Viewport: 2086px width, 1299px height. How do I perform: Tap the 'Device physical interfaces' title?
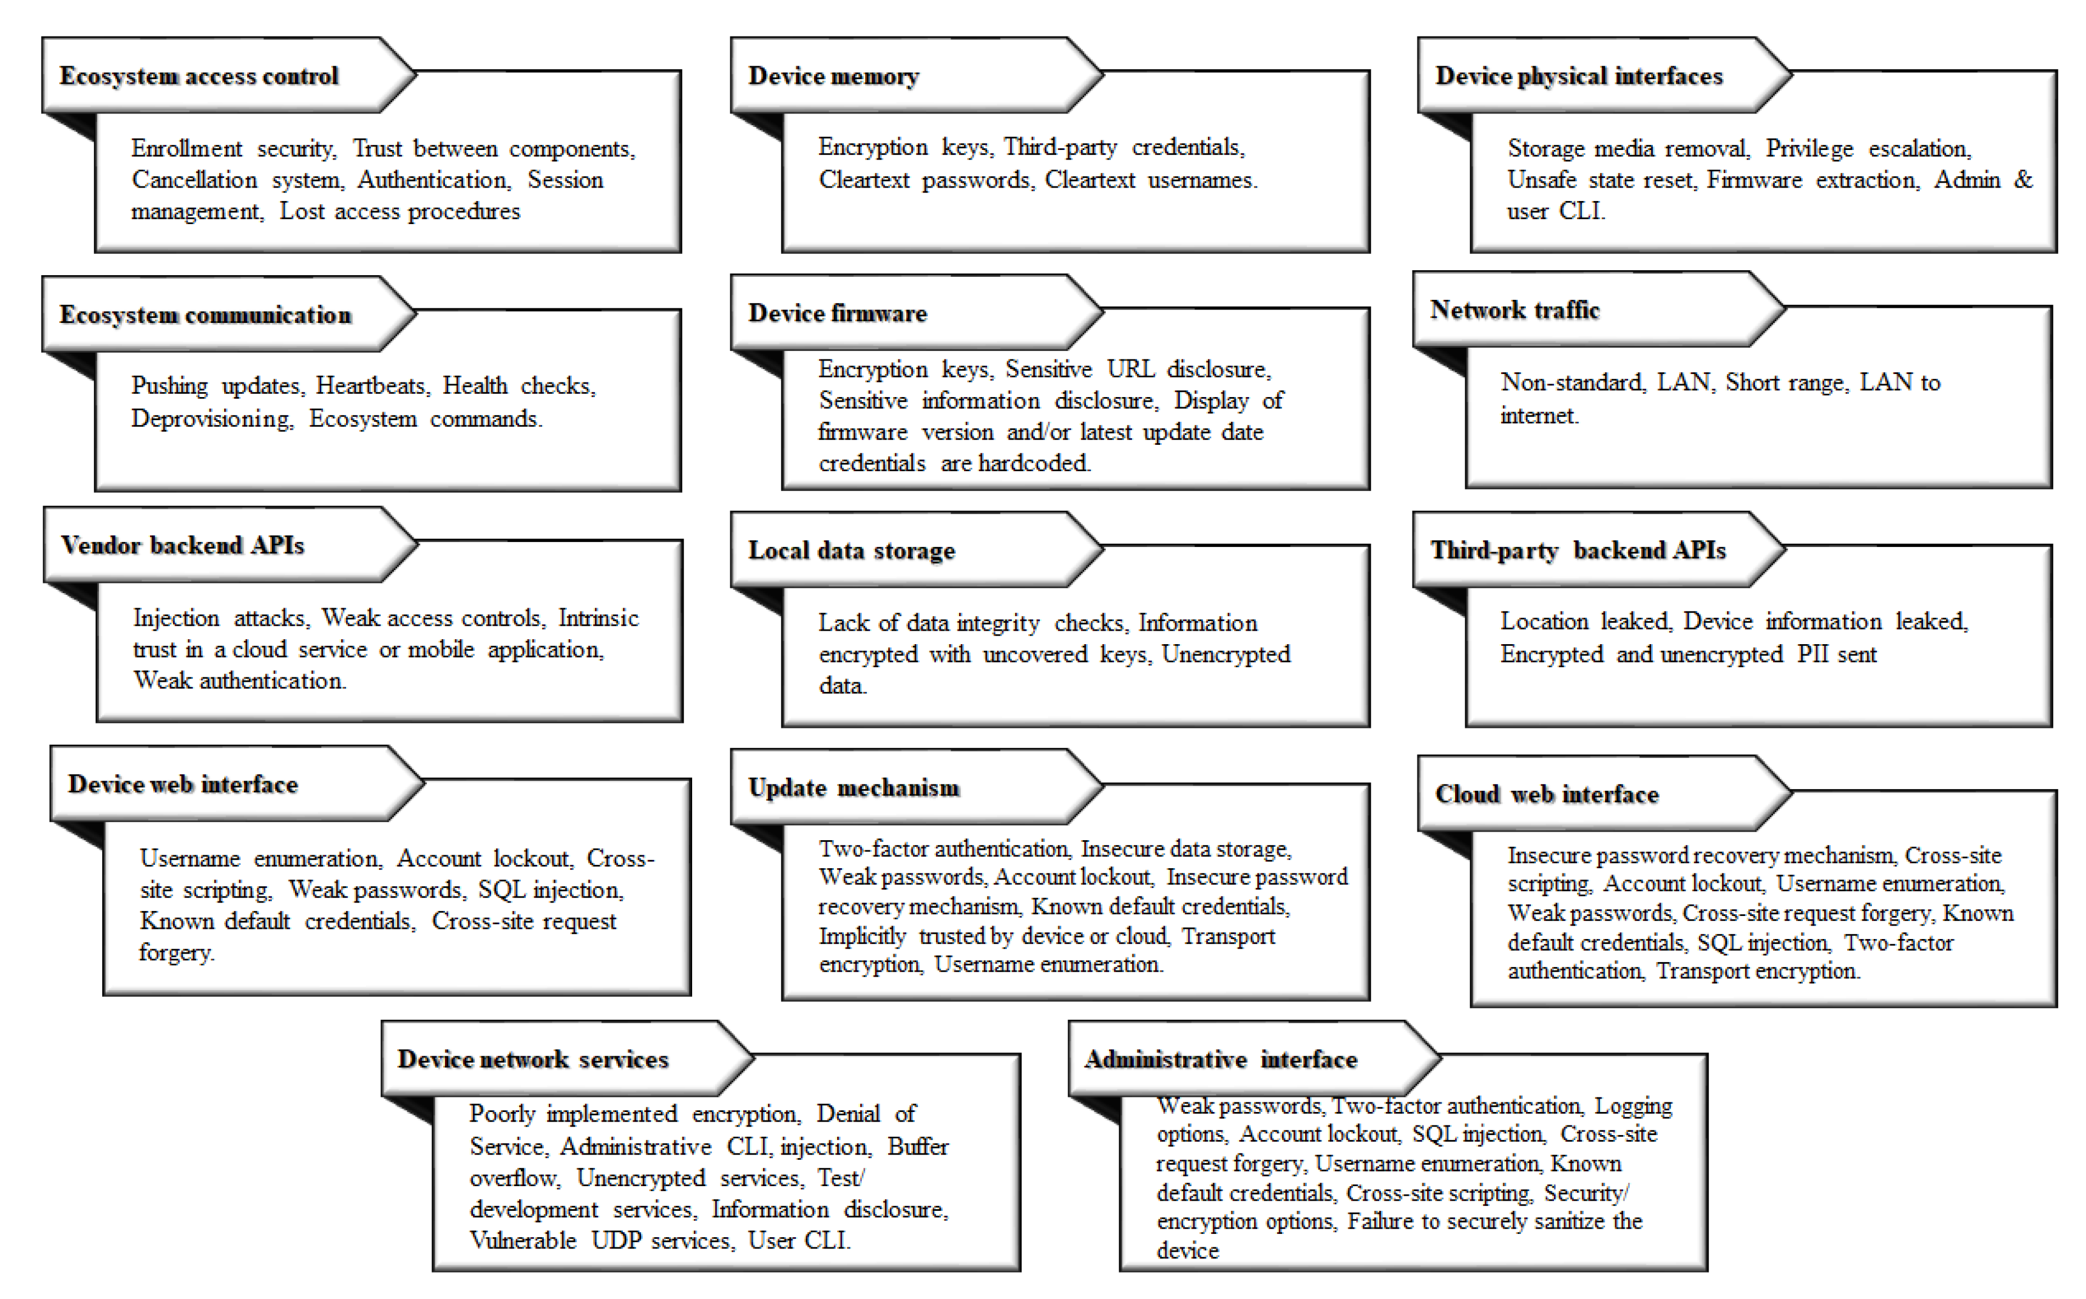(x=1578, y=76)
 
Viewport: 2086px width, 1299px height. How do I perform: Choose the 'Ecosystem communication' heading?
(x=206, y=315)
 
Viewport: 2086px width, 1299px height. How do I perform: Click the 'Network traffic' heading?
(x=1515, y=309)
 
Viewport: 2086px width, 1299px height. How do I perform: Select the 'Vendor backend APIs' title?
(x=182, y=545)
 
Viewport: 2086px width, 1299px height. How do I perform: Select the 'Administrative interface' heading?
(x=1220, y=1059)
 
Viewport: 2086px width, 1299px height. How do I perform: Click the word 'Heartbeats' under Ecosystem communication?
(x=370, y=386)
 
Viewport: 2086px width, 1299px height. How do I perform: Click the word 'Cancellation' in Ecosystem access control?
(x=194, y=180)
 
